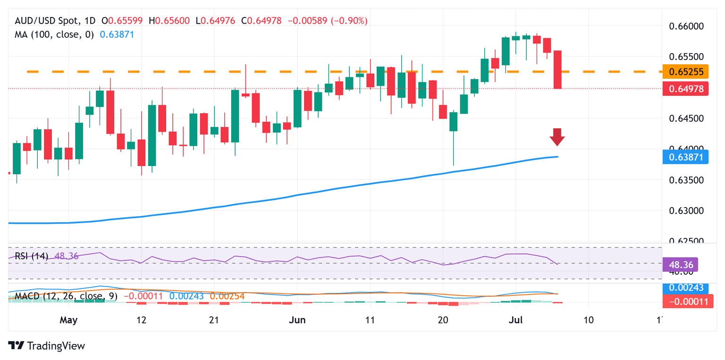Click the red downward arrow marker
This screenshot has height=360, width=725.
[557, 137]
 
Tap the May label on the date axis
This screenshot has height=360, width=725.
[69, 320]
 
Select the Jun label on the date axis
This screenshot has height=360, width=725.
[297, 320]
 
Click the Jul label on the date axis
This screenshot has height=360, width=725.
[515, 320]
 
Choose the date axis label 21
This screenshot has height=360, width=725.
[214, 320]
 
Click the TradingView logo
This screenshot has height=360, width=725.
[47, 346]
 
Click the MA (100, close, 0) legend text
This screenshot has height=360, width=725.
[55, 34]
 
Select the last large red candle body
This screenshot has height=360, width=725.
[557, 69]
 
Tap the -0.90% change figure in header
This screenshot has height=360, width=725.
[350, 21]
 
